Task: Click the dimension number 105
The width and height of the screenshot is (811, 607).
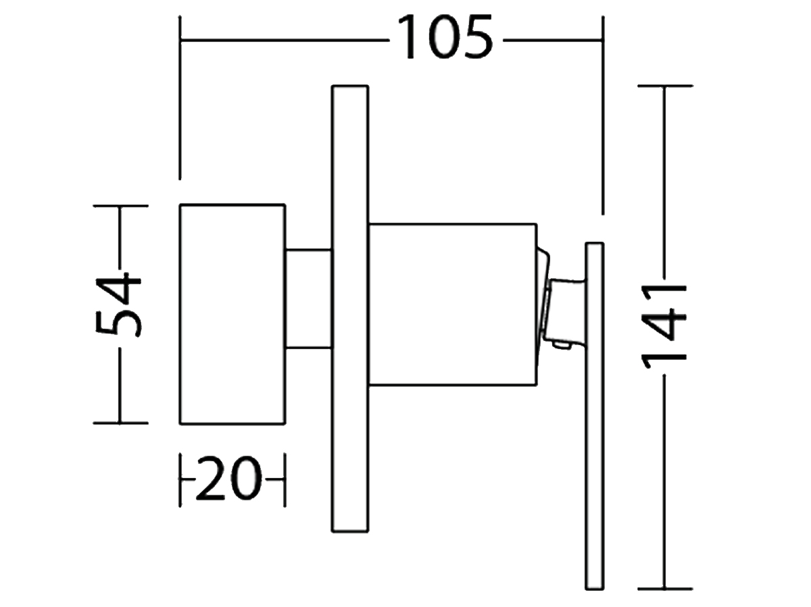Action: click(445, 36)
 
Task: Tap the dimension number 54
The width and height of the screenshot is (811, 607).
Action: click(118, 305)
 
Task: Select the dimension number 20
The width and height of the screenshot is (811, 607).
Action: click(228, 478)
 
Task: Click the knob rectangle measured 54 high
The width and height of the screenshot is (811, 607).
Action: click(232, 315)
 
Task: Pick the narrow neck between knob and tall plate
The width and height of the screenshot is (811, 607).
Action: click(309, 299)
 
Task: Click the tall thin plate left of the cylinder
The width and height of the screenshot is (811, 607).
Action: click(350, 309)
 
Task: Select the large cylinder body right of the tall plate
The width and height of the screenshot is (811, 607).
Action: click(453, 305)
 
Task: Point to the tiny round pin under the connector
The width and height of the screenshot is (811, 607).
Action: click(562, 345)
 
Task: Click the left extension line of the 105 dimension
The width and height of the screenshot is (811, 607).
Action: click(180, 98)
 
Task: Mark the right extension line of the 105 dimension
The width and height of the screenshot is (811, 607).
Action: click(603, 115)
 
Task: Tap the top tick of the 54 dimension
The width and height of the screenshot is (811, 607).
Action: click(120, 205)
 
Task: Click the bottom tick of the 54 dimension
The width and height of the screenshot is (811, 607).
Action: click(120, 423)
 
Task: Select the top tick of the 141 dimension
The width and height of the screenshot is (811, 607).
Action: click(666, 86)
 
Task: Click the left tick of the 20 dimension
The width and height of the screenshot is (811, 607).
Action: click(180, 479)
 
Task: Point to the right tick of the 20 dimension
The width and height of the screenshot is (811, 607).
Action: click(285, 479)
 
